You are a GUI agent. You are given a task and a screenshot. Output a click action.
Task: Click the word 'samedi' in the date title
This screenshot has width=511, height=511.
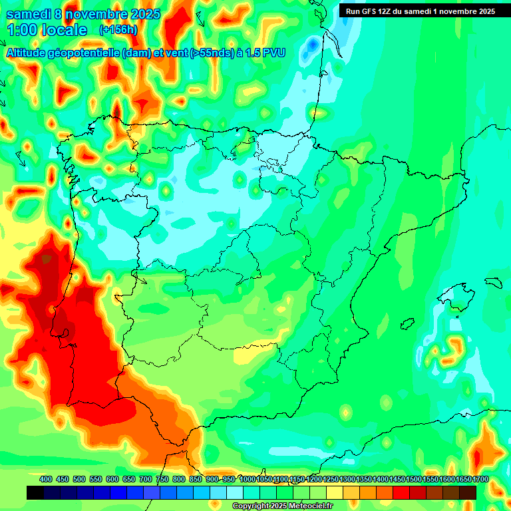tap(29, 14)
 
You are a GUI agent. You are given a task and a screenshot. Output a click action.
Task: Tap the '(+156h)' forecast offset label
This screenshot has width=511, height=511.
tap(118, 29)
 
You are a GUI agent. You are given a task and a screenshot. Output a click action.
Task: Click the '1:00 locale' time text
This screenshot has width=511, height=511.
tap(47, 30)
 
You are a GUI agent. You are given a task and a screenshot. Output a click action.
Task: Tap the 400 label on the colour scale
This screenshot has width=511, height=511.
tap(46, 479)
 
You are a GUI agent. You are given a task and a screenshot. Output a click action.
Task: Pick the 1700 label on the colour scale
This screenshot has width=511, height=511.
tap(463, 479)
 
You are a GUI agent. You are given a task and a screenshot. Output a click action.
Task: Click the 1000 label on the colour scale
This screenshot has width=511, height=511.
tap(247, 479)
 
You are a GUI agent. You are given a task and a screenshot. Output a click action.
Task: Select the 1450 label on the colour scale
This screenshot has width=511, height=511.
tap(381, 479)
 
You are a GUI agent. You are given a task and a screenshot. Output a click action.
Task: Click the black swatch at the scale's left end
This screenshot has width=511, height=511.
tap(35, 492)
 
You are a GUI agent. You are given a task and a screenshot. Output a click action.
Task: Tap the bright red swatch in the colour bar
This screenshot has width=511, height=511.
tap(401, 492)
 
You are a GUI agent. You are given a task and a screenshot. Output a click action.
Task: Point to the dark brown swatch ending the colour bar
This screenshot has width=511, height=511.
tap(468, 492)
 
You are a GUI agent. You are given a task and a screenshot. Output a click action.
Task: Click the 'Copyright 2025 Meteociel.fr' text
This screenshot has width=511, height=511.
tap(282, 506)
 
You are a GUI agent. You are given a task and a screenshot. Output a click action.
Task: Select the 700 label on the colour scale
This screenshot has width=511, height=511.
tap(146, 479)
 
